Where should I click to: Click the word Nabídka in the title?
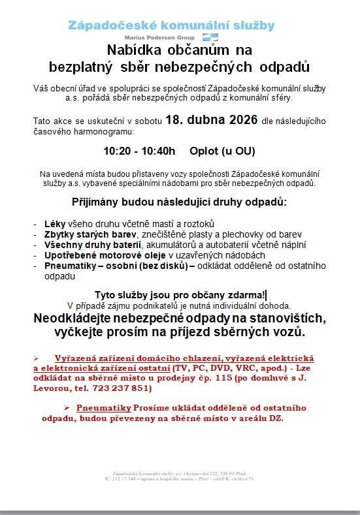tap(133, 50)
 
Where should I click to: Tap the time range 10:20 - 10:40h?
tap(140, 151)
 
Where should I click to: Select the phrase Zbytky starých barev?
tap(90, 234)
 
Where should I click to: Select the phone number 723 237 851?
tap(122, 388)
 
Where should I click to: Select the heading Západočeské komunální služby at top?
tap(172, 25)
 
